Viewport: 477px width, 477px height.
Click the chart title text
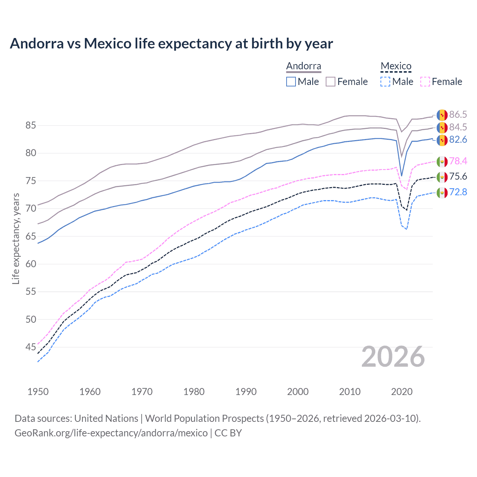171,44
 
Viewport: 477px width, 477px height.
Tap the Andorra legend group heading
303,66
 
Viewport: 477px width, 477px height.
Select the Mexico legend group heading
396,66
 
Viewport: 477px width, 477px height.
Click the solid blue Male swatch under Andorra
291,82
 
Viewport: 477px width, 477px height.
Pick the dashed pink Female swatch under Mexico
425,82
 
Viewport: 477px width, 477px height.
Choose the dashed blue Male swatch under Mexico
385,82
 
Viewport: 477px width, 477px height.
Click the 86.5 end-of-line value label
458,114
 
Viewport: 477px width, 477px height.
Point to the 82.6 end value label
458,140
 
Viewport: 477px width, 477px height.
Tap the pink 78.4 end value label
458,161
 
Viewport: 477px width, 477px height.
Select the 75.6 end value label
458,176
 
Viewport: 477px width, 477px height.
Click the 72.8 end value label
458,192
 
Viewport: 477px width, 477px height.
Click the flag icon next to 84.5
442,127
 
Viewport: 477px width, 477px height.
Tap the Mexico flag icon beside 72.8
442,193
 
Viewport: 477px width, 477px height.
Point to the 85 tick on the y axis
31,126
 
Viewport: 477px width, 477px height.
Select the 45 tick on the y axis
31,347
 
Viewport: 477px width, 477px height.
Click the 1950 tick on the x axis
38,392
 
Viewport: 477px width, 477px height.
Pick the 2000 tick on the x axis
298,392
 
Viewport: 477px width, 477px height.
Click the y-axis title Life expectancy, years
16,238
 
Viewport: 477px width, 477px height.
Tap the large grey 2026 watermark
393,357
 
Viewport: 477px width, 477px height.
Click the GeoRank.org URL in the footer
111,433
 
